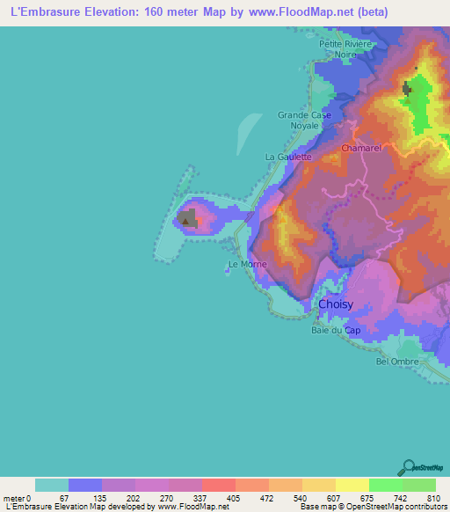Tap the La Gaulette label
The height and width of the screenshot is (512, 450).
click(288, 157)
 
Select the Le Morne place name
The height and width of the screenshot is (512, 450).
click(246, 264)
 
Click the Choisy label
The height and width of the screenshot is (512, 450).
click(336, 304)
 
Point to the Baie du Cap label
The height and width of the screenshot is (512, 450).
click(336, 331)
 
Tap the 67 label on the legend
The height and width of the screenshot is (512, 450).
click(64, 497)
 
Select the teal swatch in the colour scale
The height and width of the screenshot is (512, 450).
click(52, 485)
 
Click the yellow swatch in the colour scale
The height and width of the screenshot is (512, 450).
click(352, 485)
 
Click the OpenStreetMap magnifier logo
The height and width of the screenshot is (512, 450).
click(408, 467)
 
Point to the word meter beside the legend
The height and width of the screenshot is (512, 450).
click(14, 497)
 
